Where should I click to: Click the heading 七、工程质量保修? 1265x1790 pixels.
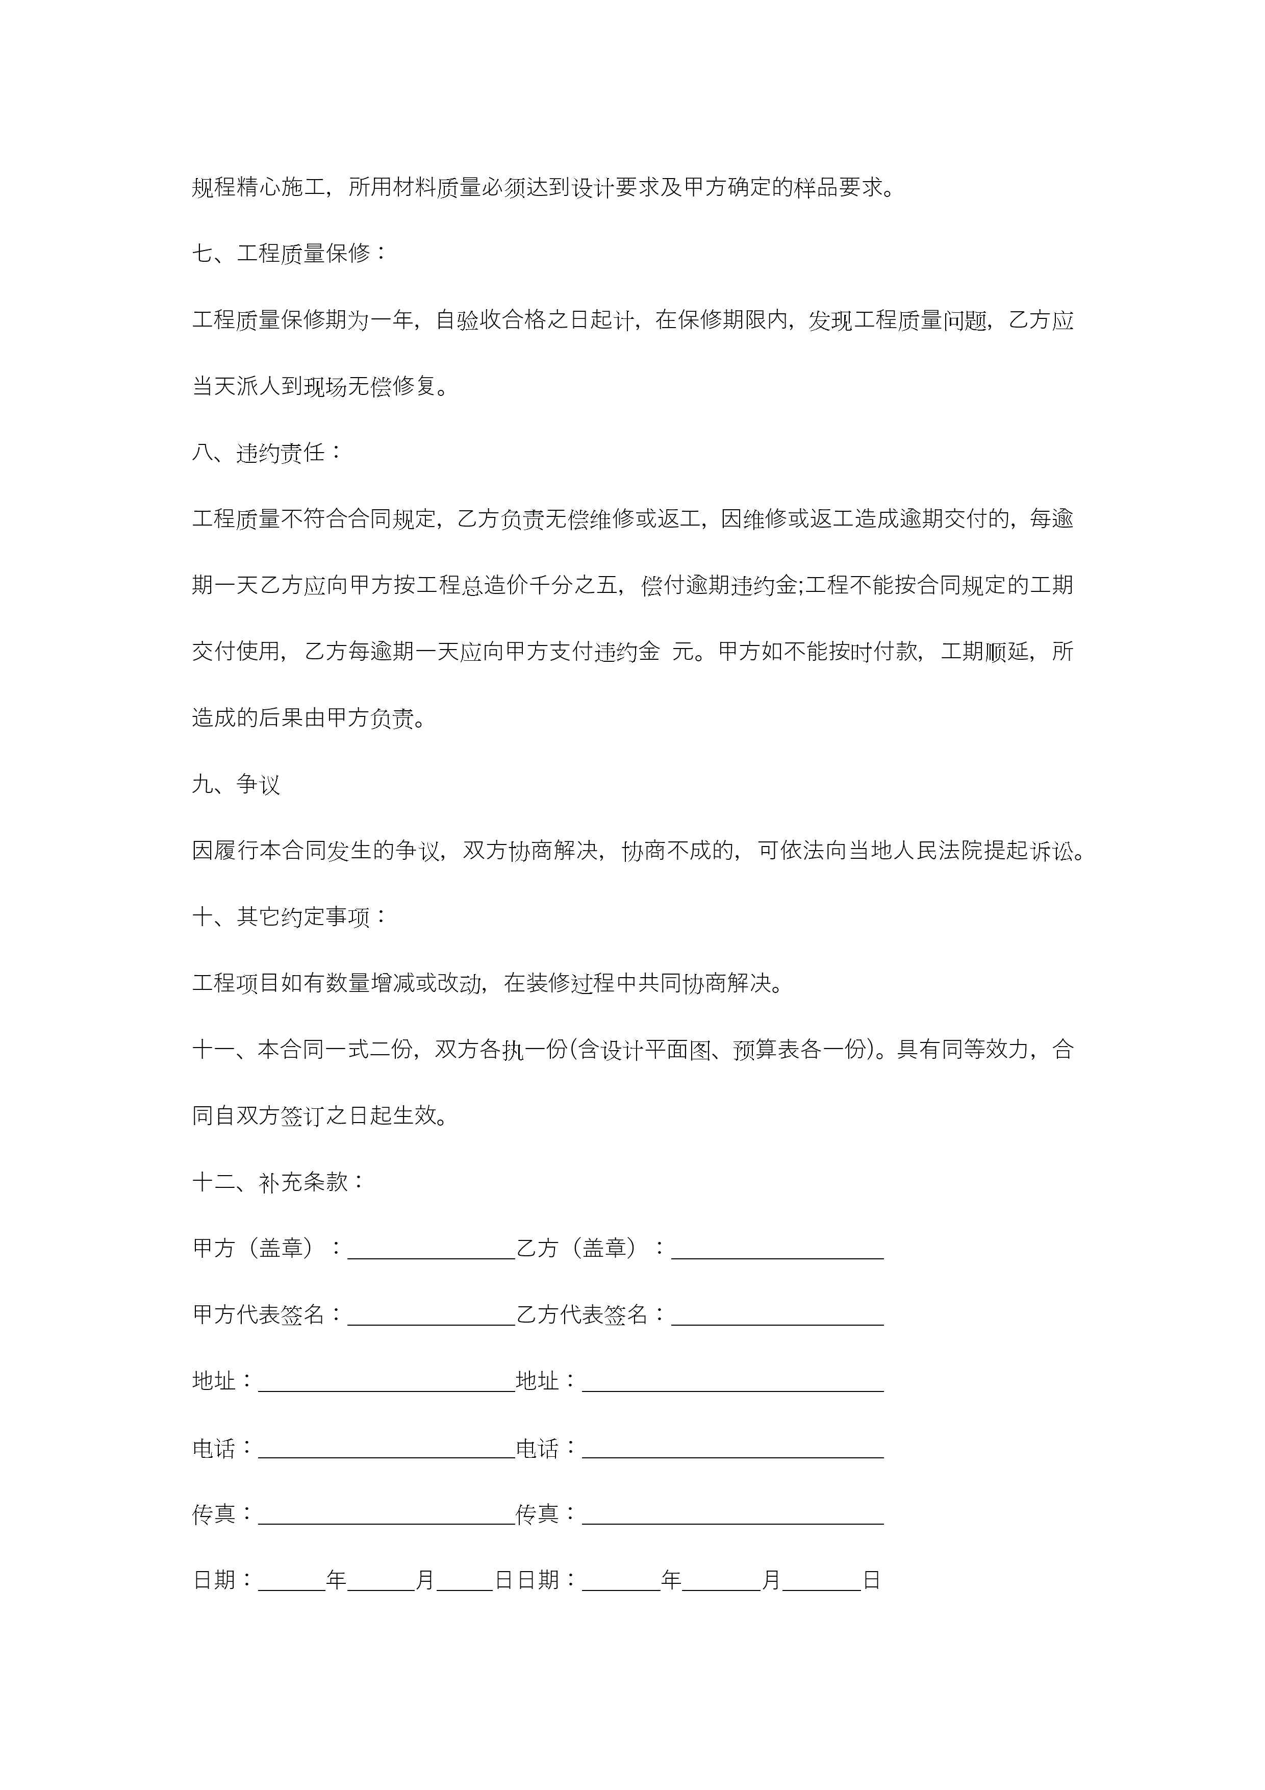(289, 254)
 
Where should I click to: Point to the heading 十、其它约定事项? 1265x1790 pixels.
(289, 917)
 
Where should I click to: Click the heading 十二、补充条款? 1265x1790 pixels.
(279, 1182)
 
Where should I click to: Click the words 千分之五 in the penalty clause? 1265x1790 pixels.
(574, 585)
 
